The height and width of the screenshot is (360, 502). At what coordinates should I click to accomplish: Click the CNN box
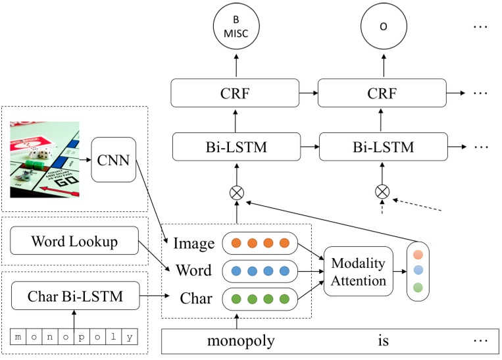coord(113,159)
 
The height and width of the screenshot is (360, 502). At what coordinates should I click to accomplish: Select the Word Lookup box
coord(74,242)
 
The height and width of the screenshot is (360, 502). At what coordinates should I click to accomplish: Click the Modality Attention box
coord(358,271)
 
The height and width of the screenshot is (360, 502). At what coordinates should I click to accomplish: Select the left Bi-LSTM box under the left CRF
coord(236,146)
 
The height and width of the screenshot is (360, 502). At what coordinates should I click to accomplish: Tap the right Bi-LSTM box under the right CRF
coord(382,146)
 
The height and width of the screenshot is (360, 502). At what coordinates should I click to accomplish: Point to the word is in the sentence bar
coord(383,342)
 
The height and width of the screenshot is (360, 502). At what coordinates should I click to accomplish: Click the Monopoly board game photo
coord(45,159)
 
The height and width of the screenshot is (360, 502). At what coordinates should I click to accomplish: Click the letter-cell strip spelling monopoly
coord(75,338)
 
